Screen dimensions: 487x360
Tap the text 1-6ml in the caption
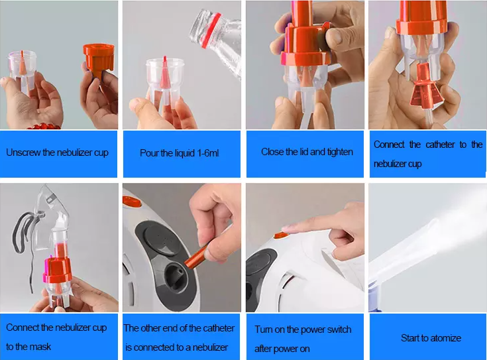(x=208, y=153)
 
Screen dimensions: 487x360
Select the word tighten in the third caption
(x=340, y=152)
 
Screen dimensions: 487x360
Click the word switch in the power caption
(x=337, y=330)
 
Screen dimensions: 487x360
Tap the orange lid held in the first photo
(x=99, y=59)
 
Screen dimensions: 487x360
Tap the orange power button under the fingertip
(x=281, y=235)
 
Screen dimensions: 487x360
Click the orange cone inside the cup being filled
(x=165, y=72)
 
